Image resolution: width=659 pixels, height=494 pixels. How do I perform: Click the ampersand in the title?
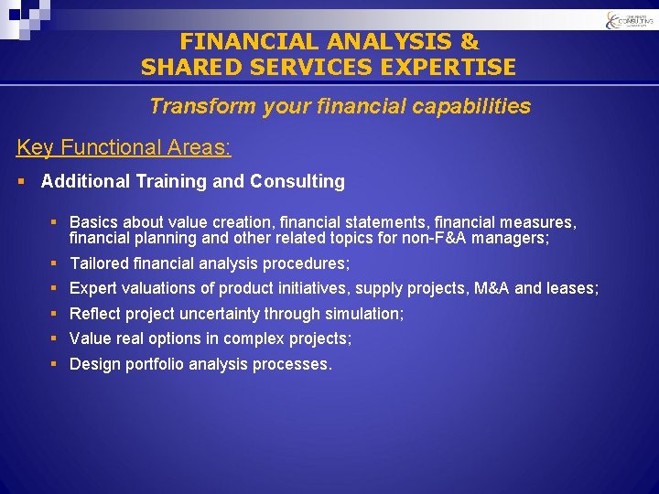(x=469, y=42)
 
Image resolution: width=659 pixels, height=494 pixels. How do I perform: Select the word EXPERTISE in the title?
(x=451, y=68)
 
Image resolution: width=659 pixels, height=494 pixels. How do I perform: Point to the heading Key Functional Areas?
(x=124, y=147)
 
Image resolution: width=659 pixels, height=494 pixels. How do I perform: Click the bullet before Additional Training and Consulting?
(x=21, y=182)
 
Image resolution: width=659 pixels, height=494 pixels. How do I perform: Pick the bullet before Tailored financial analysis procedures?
(x=56, y=263)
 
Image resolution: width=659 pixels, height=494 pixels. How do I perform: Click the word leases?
(x=571, y=288)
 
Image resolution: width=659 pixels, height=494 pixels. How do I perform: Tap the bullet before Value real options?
(x=56, y=338)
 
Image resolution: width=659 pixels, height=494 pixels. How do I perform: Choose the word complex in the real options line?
(x=258, y=338)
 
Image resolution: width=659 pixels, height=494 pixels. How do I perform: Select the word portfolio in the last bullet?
(x=150, y=364)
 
